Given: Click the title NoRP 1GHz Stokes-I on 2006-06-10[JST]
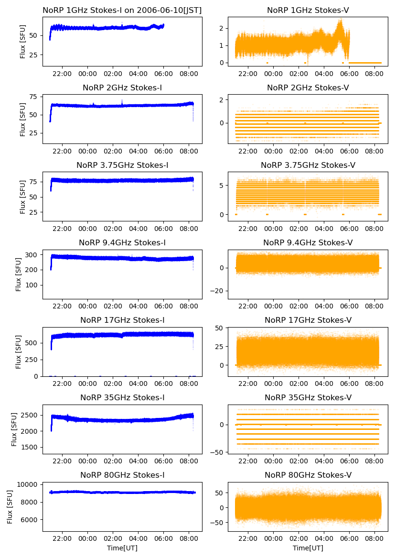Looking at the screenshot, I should [122, 10].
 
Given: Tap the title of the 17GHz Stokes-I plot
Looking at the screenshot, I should [122, 320].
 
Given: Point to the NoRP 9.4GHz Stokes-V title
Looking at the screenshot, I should [308, 242].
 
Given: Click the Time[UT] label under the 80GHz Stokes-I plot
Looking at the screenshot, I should [122, 548].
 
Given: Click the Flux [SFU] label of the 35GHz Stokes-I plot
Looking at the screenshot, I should [14, 429].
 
